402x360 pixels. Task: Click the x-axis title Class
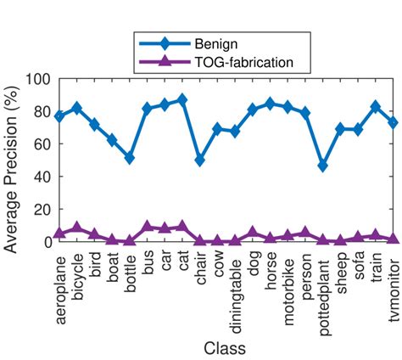point(226,348)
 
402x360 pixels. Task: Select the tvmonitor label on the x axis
point(394,285)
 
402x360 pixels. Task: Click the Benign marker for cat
point(182,99)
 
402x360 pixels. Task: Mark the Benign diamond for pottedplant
point(323,166)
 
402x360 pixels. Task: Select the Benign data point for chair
point(200,160)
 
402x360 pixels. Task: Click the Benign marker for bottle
point(130,158)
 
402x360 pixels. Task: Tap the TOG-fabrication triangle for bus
point(147,226)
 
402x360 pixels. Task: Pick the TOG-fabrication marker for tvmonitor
point(393,238)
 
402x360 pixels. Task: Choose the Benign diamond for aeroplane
point(59,115)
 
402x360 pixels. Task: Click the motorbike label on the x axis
point(288,288)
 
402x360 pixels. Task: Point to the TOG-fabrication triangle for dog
point(252,232)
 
